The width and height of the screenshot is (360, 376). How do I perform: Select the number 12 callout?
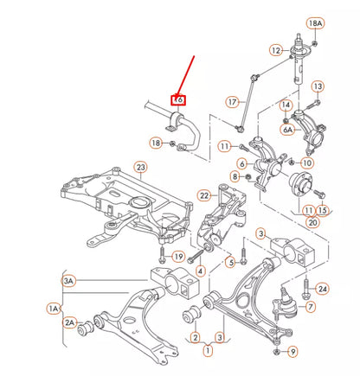[x=275, y=51]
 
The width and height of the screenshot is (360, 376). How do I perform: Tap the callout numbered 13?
[x=318, y=86]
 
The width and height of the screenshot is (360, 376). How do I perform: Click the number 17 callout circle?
[x=232, y=102]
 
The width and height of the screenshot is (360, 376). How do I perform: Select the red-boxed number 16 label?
[x=178, y=99]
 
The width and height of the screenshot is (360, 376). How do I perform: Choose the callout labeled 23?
[x=139, y=166]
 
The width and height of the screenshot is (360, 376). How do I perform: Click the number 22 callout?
[x=205, y=195]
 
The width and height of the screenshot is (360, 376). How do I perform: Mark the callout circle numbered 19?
[x=178, y=257]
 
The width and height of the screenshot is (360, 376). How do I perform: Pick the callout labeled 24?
[x=323, y=288]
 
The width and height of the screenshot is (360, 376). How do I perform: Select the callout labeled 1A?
[x=55, y=308]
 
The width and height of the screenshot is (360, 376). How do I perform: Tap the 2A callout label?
[x=68, y=322]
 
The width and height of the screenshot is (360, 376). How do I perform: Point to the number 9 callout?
[x=292, y=351]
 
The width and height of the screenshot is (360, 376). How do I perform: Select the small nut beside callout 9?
[x=276, y=351]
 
